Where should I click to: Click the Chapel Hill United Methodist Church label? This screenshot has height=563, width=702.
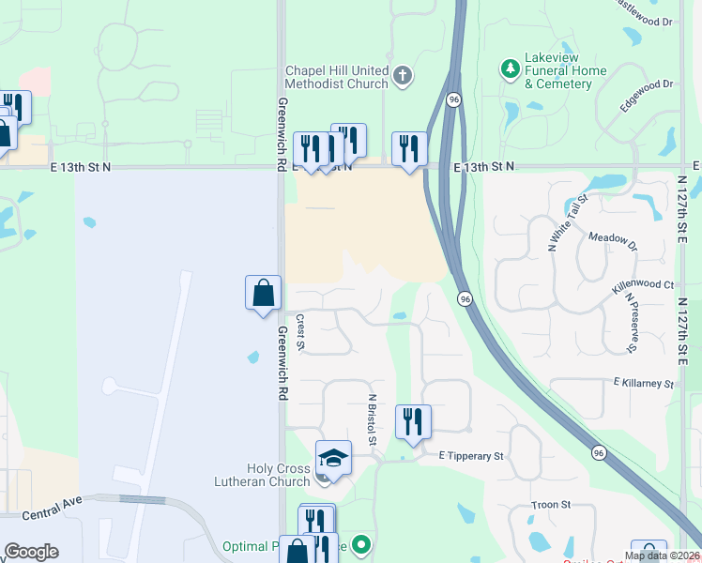pos(337,77)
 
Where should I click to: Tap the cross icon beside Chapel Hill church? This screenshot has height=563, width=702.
pos(403,76)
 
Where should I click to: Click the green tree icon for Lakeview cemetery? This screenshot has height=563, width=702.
pos(510,68)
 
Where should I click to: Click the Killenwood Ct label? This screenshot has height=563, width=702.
pos(642,284)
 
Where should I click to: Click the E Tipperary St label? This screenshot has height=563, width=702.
pos(471,456)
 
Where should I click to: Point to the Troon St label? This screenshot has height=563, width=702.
pos(551,505)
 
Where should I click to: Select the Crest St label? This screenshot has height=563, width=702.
pos(300,332)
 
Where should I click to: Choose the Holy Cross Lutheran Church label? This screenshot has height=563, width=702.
pos(278,475)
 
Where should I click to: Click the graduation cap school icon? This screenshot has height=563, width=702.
pos(333,458)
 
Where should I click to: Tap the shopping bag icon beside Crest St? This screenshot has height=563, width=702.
pos(264,292)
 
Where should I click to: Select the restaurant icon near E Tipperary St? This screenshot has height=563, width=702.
pos(413,421)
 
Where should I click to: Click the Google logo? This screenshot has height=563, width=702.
pos(31,552)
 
